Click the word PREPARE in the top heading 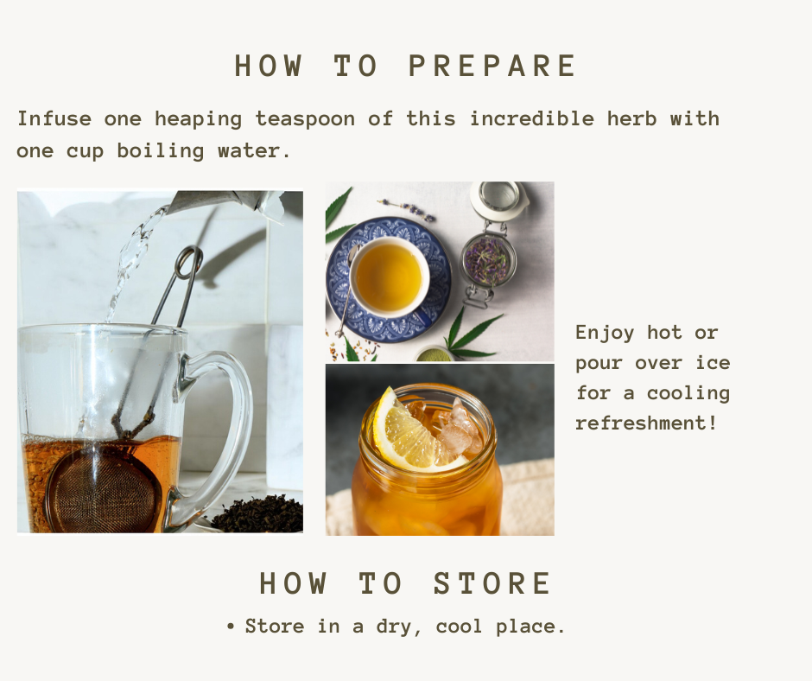tap(492, 66)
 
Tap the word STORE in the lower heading tap(492, 583)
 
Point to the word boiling tap(161, 151)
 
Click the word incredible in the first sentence tap(532, 118)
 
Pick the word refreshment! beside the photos tap(646, 423)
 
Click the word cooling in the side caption tap(688, 393)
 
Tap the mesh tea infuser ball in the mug tap(101, 488)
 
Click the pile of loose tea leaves tap(258, 514)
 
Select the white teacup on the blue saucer tap(389, 277)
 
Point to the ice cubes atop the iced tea tap(451, 425)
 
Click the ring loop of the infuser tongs tap(188, 262)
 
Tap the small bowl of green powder tap(434, 354)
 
